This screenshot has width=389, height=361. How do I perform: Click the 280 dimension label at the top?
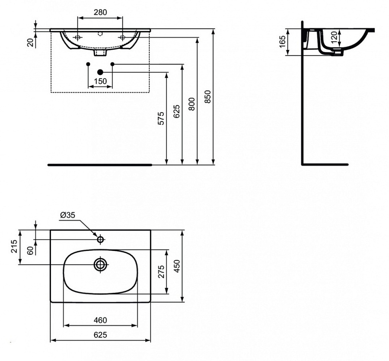(100, 13)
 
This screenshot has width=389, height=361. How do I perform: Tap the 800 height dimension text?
(191, 104)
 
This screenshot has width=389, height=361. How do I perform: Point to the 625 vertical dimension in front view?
(176, 111)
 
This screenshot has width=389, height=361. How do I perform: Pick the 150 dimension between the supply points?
(100, 81)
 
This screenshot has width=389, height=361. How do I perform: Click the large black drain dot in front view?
(100, 72)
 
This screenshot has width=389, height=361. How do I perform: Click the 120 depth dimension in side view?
(333, 38)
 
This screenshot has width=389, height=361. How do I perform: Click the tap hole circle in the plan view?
(100, 239)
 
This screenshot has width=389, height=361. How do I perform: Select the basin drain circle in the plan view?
(100, 264)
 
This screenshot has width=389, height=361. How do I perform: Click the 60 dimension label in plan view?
(30, 250)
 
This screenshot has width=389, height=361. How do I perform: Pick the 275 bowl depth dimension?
(162, 272)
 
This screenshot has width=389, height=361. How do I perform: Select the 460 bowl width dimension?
(100, 320)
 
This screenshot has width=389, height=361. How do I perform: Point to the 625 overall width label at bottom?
(100, 335)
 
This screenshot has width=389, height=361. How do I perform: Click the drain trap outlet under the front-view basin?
(100, 53)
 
